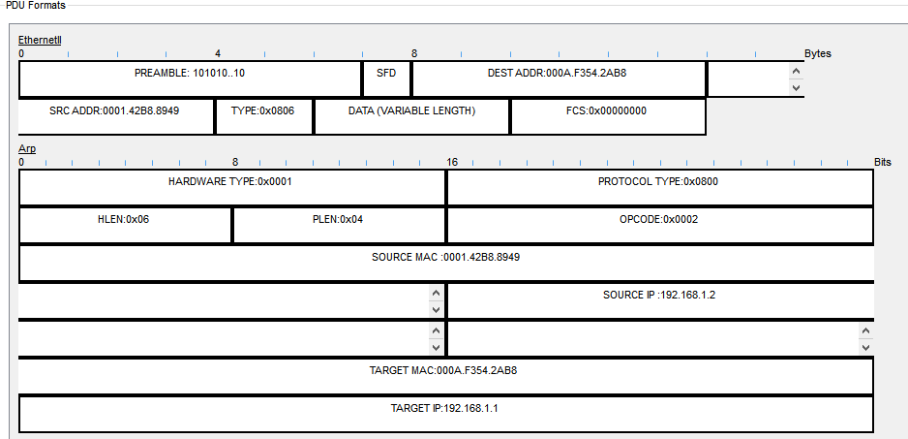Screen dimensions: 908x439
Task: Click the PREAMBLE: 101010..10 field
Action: tap(190, 73)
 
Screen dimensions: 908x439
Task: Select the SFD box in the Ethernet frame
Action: tap(386, 73)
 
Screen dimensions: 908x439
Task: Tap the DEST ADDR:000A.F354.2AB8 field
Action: tap(559, 73)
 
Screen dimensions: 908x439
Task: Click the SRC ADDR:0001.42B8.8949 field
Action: tap(114, 111)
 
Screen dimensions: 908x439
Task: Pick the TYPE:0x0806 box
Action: tap(262, 111)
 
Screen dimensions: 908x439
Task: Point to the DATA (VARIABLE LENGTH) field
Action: tap(411, 111)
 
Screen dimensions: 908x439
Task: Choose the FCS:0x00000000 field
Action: tap(607, 111)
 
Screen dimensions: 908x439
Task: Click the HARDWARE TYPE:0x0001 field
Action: tap(230, 182)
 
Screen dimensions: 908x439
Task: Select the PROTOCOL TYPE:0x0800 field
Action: tap(658, 182)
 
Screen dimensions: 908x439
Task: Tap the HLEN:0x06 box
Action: tap(124, 220)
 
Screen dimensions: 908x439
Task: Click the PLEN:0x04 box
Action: tap(338, 220)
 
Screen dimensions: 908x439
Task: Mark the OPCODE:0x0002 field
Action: tap(658, 220)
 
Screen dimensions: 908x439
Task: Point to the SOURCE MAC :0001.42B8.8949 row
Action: tap(446, 258)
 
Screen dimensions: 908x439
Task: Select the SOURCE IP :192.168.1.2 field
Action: tap(658, 296)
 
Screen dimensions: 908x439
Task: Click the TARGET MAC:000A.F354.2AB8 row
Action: tap(445, 370)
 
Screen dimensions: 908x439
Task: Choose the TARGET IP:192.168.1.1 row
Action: tap(445, 409)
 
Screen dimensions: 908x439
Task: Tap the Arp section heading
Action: tap(27, 149)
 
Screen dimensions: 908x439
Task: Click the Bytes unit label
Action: tap(817, 54)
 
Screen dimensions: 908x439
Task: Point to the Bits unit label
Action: tap(882, 163)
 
